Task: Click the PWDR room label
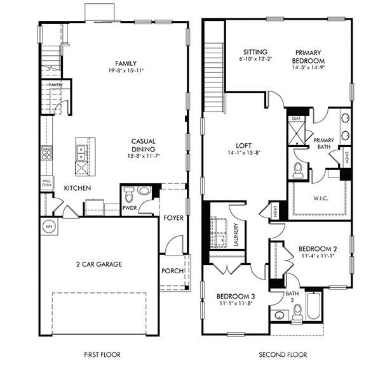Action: pos(130,207)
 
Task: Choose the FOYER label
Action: pos(173,218)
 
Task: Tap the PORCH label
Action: pos(173,271)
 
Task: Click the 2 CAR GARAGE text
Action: pos(99,264)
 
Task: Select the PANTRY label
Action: pos(55,84)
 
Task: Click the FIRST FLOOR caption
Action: pos(102,354)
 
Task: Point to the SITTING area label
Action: pos(254,52)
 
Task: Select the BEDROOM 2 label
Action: pos(318,248)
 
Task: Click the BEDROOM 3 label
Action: pos(236,297)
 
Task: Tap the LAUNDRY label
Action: pos(236,235)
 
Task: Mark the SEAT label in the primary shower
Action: pos(296,119)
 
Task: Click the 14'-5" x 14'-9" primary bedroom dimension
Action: pos(308,67)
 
